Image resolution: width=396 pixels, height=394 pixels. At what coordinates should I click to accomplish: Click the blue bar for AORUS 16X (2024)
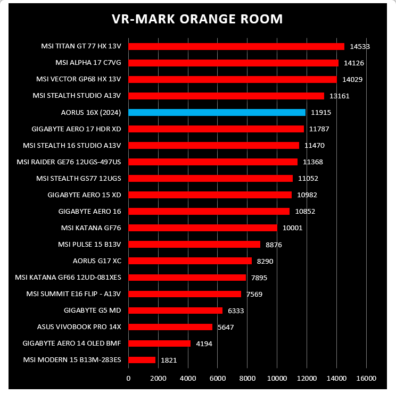(x=217, y=113)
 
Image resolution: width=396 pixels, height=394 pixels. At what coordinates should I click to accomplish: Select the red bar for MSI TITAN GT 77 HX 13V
(x=236, y=47)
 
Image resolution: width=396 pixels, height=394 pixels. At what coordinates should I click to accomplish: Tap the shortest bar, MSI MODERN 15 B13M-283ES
(x=142, y=360)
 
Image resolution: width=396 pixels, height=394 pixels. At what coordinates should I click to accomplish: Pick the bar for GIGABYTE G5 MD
(x=176, y=311)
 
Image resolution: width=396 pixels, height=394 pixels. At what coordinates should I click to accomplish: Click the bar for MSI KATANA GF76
(x=203, y=228)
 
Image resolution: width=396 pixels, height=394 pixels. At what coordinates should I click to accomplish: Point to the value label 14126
(x=354, y=63)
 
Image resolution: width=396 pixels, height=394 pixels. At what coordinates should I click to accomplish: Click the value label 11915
(x=321, y=113)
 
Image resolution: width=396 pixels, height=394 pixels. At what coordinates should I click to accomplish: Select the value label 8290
(x=265, y=261)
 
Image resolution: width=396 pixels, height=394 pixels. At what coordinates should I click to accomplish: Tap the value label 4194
(x=204, y=343)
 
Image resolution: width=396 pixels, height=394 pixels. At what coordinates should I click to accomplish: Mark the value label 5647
(x=226, y=327)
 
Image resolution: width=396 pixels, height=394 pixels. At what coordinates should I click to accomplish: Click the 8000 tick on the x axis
(x=247, y=379)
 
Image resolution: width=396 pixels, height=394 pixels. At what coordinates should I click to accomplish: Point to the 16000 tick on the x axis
(x=366, y=379)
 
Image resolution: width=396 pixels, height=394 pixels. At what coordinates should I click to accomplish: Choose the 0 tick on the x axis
(x=129, y=379)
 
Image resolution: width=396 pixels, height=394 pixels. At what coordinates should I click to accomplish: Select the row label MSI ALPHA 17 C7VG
(x=88, y=63)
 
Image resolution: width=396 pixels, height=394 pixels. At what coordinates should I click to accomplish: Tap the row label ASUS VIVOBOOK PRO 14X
(x=79, y=327)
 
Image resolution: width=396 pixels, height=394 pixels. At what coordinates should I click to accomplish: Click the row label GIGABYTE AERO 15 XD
(x=84, y=195)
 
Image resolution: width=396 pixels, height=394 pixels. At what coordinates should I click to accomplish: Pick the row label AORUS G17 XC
(x=97, y=261)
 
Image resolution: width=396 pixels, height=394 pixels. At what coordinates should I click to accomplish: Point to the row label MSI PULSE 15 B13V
(x=89, y=245)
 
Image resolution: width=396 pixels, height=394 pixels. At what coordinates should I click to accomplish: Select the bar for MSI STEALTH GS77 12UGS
(x=211, y=179)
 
